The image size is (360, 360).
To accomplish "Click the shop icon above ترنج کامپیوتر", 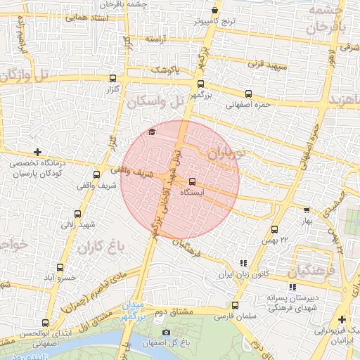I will click(x=214, y=11).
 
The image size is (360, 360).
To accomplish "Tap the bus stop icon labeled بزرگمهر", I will click(x=200, y=83).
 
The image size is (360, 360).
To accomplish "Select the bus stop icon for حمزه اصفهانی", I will click(x=247, y=94).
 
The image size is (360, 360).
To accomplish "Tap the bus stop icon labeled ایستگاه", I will click(x=193, y=181).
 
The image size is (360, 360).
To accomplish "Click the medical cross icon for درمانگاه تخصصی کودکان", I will click(x=37, y=152).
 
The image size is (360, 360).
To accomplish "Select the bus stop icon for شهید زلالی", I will click(x=77, y=214).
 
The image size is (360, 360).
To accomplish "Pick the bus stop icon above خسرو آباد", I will click(x=59, y=267).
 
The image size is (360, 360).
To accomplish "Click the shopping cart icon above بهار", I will click(x=307, y=210).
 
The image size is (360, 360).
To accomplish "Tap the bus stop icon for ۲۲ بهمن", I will click(x=274, y=229).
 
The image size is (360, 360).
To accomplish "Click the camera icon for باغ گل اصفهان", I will click(x=166, y=332).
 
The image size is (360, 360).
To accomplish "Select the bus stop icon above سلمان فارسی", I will click(x=235, y=305).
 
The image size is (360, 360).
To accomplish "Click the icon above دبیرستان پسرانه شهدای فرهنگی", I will click(x=292, y=286).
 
